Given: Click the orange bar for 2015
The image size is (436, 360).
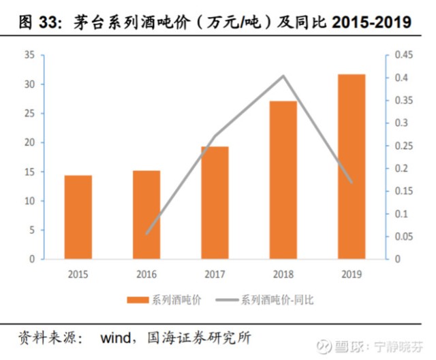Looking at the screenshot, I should click(x=78, y=217).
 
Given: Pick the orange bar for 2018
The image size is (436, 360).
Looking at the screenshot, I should click(x=283, y=180).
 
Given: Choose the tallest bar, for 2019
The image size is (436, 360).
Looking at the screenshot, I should click(x=352, y=166).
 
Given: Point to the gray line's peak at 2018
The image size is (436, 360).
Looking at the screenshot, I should click(x=283, y=76).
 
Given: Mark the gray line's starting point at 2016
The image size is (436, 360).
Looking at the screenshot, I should click(x=146, y=233).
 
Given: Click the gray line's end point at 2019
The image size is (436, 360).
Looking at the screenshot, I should click(x=352, y=182).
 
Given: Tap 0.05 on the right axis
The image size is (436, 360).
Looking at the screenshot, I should click(x=403, y=237).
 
